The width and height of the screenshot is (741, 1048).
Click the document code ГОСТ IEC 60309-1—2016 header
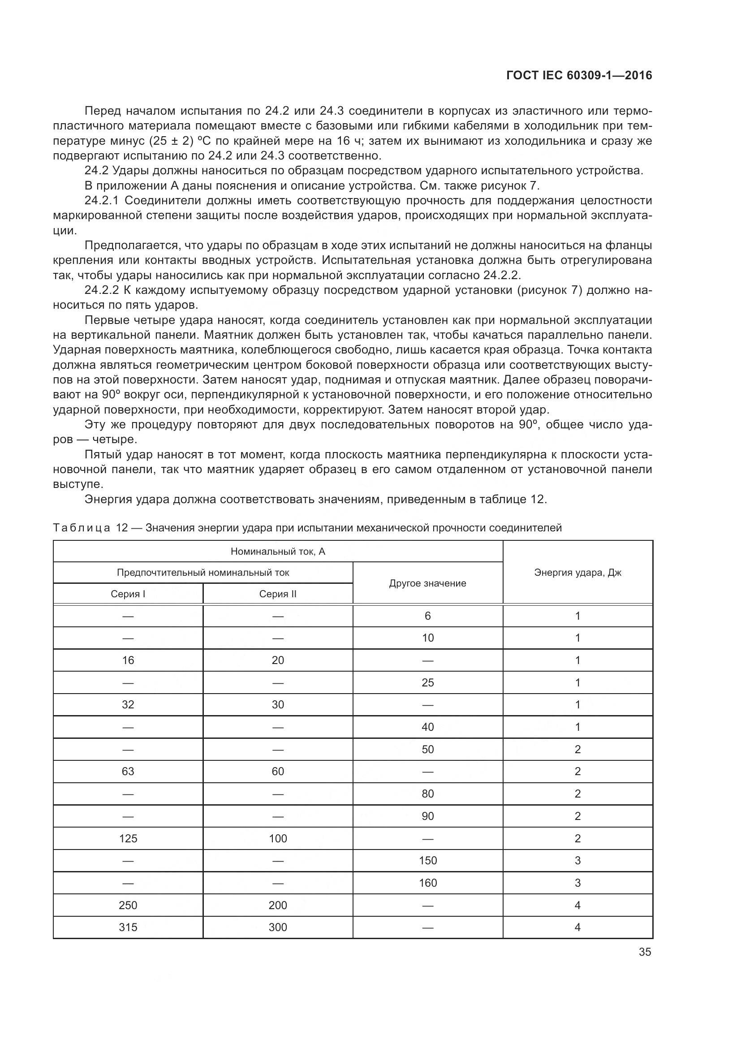pyautogui.click(x=579, y=76)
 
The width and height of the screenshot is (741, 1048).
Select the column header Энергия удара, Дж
pyautogui.click(x=577, y=572)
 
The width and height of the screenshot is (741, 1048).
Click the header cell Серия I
pyautogui.click(x=128, y=594)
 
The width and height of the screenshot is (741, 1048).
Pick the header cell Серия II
pyautogui.click(x=277, y=594)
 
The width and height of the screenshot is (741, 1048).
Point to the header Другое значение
pyautogui.click(x=427, y=583)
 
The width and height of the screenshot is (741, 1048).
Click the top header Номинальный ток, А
pyautogui.click(x=277, y=552)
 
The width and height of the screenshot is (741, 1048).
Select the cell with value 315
pyautogui.click(x=128, y=927)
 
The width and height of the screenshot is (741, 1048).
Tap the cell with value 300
pyautogui.click(x=277, y=927)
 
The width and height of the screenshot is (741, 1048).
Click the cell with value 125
pyautogui.click(x=128, y=838)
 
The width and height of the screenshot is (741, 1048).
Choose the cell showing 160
pyautogui.click(x=427, y=883)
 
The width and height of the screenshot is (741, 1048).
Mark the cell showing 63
pyautogui.click(x=128, y=772)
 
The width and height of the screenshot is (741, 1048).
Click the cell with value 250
pyautogui.click(x=128, y=905)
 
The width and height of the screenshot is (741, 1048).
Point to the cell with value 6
pyautogui.click(x=427, y=616)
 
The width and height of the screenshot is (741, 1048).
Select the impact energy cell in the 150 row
pyautogui.click(x=577, y=860)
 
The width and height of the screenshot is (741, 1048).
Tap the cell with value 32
pyautogui.click(x=128, y=704)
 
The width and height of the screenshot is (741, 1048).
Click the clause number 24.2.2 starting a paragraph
pyautogui.click(x=101, y=290)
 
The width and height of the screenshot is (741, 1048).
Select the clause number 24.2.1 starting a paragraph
pyautogui.click(x=101, y=201)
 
